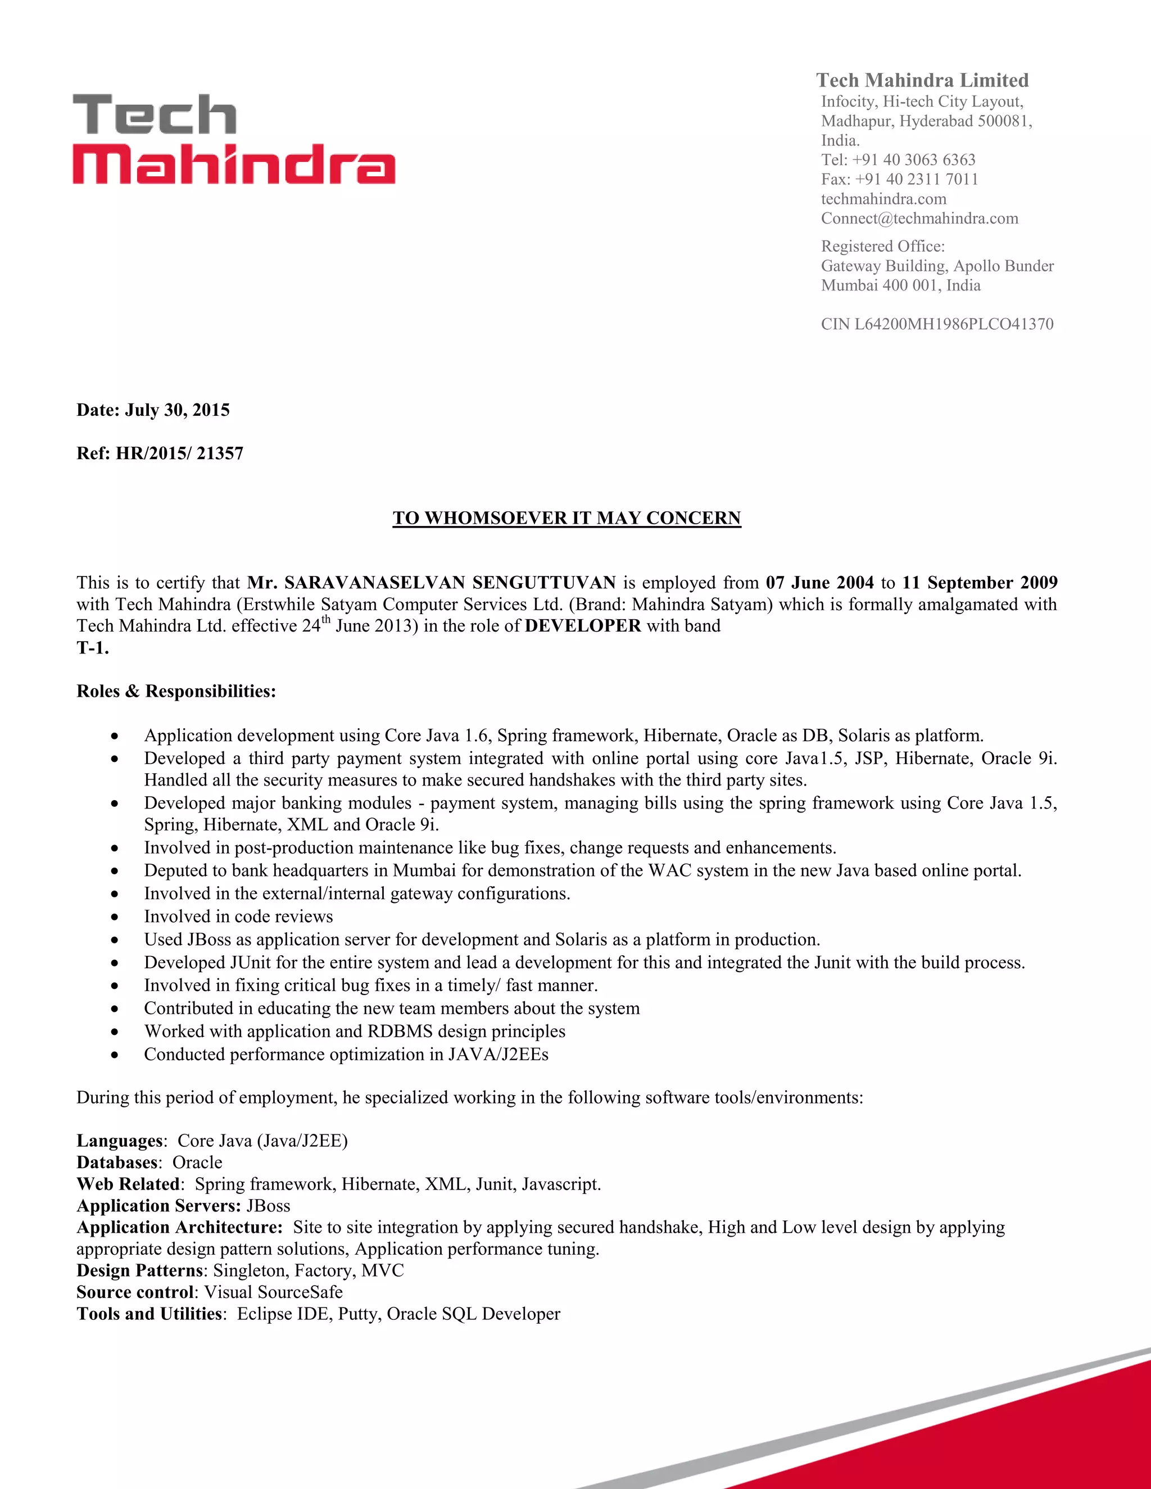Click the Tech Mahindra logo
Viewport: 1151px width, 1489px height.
tap(233, 140)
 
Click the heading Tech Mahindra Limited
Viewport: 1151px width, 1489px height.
tap(922, 80)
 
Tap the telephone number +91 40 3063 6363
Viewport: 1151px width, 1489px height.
tap(913, 160)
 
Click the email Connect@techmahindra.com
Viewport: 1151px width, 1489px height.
tap(919, 218)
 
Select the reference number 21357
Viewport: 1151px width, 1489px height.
tap(220, 453)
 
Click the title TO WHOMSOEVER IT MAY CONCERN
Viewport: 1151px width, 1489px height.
tap(567, 518)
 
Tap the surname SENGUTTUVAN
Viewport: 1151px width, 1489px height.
tap(544, 582)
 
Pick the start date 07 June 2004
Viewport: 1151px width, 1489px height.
tap(819, 582)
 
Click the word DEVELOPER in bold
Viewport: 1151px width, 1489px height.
tap(582, 626)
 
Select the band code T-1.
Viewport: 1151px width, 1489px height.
tap(92, 648)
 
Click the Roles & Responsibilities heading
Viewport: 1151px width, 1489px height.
tap(176, 691)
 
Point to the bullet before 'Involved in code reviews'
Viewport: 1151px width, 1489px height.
tap(115, 918)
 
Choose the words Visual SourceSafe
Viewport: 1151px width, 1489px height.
tap(274, 1292)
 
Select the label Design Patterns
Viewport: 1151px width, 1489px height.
tap(139, 1270)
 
